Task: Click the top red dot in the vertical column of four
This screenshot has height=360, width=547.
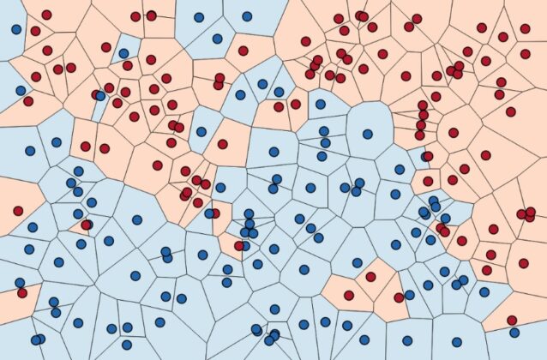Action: click(x=423, y=106)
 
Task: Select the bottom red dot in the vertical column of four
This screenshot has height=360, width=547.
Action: click(x=420, y=135)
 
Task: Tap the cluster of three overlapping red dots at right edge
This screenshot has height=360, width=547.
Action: click(x=524, y=213)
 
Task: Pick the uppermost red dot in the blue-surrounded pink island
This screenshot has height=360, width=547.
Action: click(x=370, y=277)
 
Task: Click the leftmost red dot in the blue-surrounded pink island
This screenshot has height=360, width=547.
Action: click(x=349, y=295)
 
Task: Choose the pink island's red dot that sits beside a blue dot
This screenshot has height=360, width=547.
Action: click(x=399, y=297)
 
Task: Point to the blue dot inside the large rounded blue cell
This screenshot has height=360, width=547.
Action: click(x=368, y=134)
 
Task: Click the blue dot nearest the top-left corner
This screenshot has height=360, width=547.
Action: click(x=16, y=28)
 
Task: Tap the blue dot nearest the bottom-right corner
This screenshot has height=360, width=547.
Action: click(x=513, y=333)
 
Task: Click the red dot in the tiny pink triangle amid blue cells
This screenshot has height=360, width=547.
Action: click(x=86, y=225)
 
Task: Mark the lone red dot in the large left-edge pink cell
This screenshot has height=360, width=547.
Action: click(x=17, y=210)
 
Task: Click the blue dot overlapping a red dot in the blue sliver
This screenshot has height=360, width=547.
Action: click(x=100, y=95)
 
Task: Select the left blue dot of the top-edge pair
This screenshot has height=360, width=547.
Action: click(x=199, y=16)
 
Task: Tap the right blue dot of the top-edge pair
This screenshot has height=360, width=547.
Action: click(x=247, y=15)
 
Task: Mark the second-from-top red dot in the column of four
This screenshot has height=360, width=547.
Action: click(x=423, y=116)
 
